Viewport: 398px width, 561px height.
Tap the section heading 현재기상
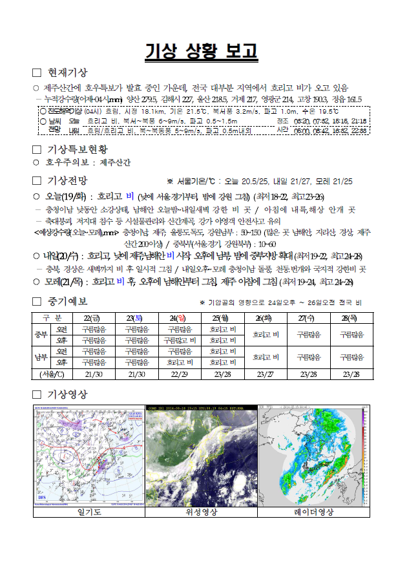click(68, 72)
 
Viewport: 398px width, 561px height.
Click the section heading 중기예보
click(68, 301)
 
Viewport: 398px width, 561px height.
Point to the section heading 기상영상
click(68, 394)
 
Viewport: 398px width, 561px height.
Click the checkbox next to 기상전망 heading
click(37, 180)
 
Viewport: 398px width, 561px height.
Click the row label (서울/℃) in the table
click(52, 374)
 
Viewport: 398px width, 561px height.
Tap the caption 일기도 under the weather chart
click(89, 513)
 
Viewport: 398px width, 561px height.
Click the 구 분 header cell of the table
click(52, 317)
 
